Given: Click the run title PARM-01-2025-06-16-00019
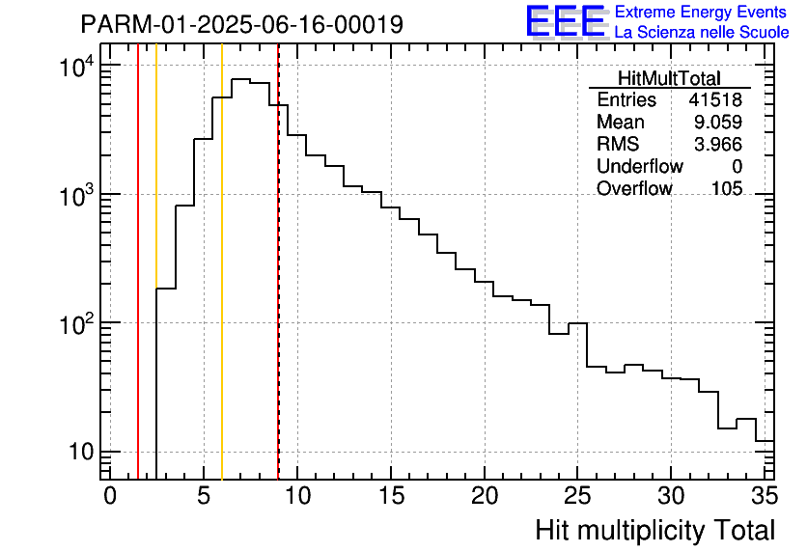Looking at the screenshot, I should (241, 24).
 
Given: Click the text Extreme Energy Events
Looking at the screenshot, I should (702, 13).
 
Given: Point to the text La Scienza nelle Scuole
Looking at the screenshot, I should (702, 32).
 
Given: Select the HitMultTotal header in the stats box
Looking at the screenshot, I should (669, 79).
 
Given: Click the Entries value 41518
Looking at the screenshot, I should (715, 100).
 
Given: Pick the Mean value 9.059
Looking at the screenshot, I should (719, 123).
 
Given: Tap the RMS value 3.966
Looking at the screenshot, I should (719, 145).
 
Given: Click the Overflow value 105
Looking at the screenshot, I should (727, 189).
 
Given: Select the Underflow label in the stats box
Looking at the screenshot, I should (639, 167).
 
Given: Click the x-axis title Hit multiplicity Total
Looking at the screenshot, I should (654, 530).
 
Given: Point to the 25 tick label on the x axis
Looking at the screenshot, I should (578, 496).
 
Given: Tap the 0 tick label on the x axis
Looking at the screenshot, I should (110, 496).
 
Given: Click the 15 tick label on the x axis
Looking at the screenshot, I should (391, 496).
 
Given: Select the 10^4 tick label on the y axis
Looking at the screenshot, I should (75, 68).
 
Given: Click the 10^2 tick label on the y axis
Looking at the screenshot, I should (75, 325).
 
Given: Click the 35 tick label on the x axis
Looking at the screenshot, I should (763, 496).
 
